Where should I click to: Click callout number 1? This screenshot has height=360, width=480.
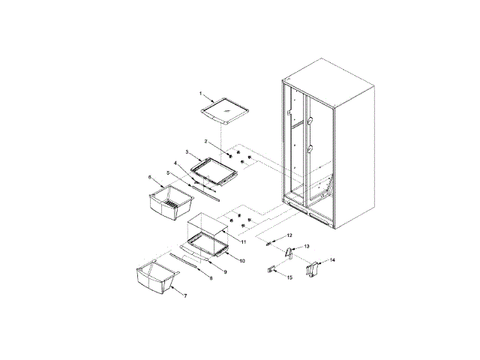point(200,93)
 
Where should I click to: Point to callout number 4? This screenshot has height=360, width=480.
point(175,163)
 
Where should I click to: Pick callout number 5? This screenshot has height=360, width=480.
point(168,172)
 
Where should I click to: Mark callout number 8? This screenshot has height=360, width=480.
point(211,277)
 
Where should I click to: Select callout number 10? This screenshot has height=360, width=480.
point(241,260)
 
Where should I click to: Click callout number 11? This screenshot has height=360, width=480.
point(242,242)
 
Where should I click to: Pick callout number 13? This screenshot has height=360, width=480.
point(306,246)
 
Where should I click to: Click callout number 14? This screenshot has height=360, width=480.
point(332,259)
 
